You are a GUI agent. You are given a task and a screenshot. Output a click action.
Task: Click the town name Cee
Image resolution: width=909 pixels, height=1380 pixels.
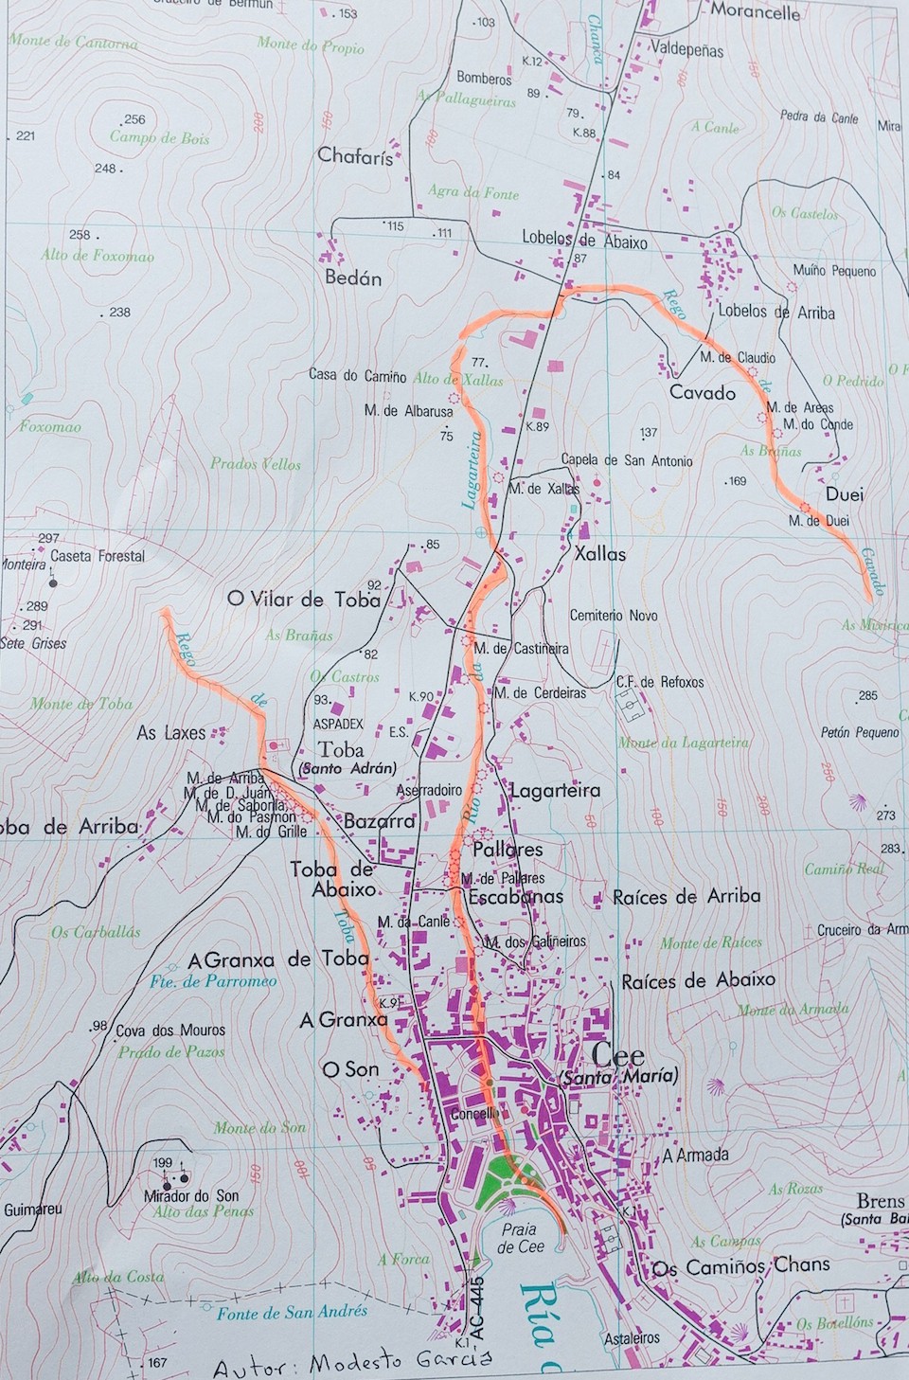click(x=617, y=1055)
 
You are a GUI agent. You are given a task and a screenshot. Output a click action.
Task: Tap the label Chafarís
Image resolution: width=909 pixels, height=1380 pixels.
click(x=355, y=156)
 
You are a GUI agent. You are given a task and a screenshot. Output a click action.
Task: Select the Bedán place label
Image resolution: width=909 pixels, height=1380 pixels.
click(x=353, y=278)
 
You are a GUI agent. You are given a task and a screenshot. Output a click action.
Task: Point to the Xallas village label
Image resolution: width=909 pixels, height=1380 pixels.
click(x=599, y=554)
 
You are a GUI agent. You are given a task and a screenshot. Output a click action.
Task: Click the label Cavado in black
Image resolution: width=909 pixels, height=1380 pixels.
click(x=702, y=392)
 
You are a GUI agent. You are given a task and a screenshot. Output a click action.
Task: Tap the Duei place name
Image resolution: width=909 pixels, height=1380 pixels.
click(x=844, y=494)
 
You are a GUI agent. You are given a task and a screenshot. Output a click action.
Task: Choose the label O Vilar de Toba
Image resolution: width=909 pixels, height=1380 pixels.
click(x=303, y=600)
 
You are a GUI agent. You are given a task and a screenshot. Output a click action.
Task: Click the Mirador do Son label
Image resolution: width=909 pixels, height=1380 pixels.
click(x=191, y=1195)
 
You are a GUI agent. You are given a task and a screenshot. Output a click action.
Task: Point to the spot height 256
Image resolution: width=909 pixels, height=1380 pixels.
click(x=134, y=119)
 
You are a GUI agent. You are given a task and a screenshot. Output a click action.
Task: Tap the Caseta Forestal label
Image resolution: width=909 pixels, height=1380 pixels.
click(x=98, y=556)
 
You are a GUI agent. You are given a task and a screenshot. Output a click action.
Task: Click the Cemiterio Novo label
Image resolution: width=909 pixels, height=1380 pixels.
click(x=613, y=616)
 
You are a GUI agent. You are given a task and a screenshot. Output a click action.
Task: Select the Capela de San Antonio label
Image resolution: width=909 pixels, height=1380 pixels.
click(x=626, y=461)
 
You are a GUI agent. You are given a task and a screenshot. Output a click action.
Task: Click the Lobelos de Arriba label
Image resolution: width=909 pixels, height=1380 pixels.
click(x=775, y=312)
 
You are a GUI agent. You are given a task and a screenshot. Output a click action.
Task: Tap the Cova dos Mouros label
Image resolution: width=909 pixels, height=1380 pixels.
click(x=170, y=1031)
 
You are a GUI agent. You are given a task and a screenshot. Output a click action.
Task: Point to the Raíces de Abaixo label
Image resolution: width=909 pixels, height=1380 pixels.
click(x=697, y=980)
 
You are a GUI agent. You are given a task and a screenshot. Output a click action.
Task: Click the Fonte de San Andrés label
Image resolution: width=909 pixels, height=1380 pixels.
click(x=291, y=1313)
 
